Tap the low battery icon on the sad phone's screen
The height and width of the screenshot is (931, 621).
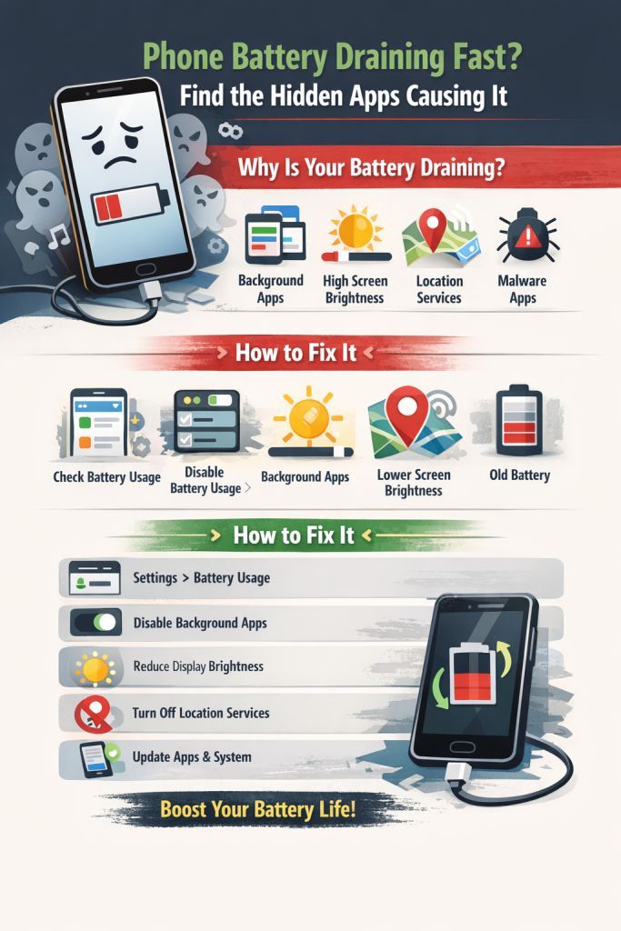tap(132, 205)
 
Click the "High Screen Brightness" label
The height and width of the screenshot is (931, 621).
tap(356, 289)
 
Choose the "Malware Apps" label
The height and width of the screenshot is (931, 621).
tap(522, 289)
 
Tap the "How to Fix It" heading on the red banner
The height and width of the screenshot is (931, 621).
tap(296, 352)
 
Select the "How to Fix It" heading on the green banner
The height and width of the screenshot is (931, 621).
tap(294, 535)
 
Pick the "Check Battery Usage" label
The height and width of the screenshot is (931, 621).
tap(106, 477)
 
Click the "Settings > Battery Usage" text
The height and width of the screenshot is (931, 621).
tap(201, 578)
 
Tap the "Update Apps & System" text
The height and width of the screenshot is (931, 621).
tap(192, 756)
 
